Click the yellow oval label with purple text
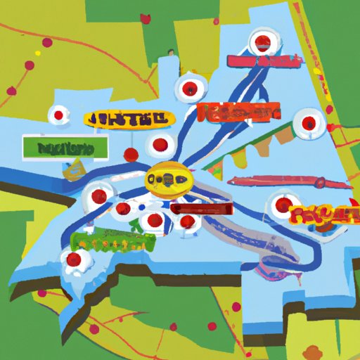[x=127, y=119]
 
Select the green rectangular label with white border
[x=65, y=147]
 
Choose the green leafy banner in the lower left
[x=112, y=240]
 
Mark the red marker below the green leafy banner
[x=74, y=262]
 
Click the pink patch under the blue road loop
[x=271, y=264]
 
